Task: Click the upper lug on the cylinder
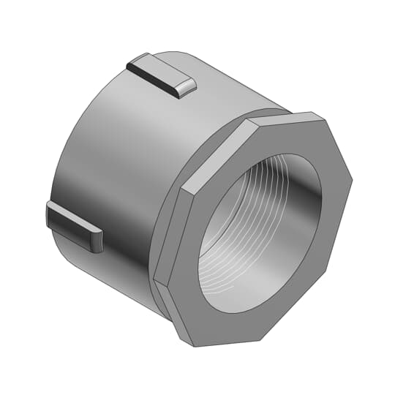point(161,75)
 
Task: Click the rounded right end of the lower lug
point(96,242)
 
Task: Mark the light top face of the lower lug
point(73,218)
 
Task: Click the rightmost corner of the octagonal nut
point(352,176)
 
